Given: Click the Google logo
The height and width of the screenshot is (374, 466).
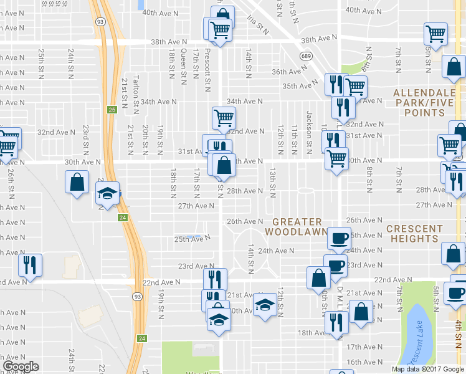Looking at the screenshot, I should pos(21,367).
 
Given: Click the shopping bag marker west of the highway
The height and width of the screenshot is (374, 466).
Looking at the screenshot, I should pos(77,182).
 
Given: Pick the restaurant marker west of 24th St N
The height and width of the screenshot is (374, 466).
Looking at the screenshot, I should pos(29,265).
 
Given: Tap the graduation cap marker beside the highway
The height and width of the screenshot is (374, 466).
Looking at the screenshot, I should pos(108,194).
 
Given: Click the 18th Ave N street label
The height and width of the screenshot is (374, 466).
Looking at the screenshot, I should pos(312,333).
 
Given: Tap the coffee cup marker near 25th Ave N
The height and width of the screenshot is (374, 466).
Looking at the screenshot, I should pos(340,237).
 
